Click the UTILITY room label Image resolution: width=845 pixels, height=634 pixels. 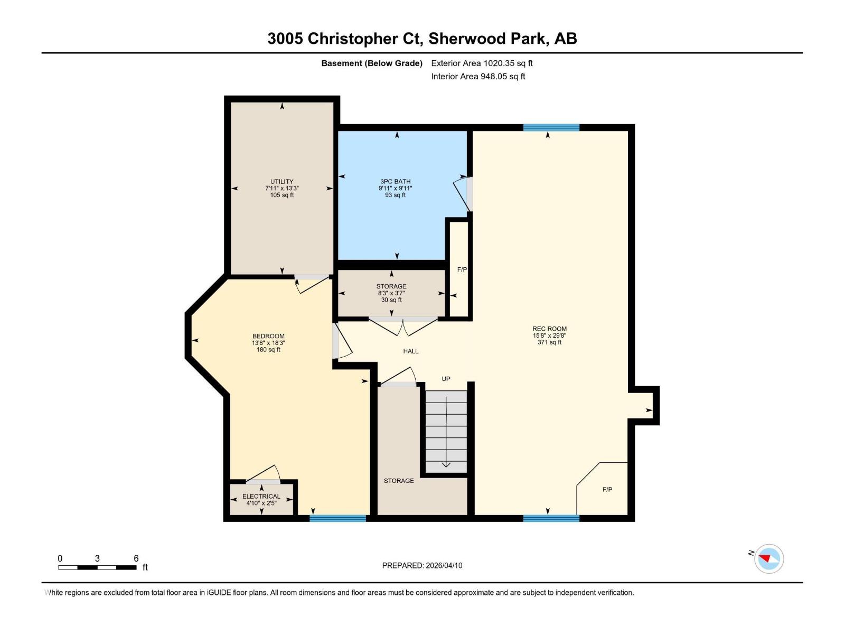tap(282, 181)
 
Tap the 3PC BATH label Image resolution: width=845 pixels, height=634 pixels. tap(396, 181)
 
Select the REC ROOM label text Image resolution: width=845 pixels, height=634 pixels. tap(549, 329)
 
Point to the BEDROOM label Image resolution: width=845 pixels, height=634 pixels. tap(268, 336)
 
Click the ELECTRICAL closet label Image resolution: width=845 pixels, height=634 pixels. tap(261, 496)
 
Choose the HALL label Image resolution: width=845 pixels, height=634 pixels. tap(411, 351)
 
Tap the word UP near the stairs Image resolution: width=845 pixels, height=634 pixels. tap(446, 379)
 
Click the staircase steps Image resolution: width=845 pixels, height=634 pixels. tap(446, 432)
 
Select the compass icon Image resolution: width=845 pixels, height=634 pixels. tap(769, 558)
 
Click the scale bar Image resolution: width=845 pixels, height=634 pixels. tap(97, 567)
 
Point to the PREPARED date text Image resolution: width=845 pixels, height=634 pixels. tap(422, 565)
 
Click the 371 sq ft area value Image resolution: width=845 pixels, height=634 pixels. tap(549, 342)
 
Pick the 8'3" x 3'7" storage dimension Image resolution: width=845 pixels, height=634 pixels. tap(391, 293)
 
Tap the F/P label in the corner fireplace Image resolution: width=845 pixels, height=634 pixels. tap(607, 490)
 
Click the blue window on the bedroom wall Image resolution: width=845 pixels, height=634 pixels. tap(337, 518)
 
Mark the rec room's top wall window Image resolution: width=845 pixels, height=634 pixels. tap(551, 127)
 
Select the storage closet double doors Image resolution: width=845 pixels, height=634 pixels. tap(403, 327)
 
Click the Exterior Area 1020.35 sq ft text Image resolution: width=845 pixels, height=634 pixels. tap(482, 63)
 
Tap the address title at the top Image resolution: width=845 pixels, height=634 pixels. tap(422, 39)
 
